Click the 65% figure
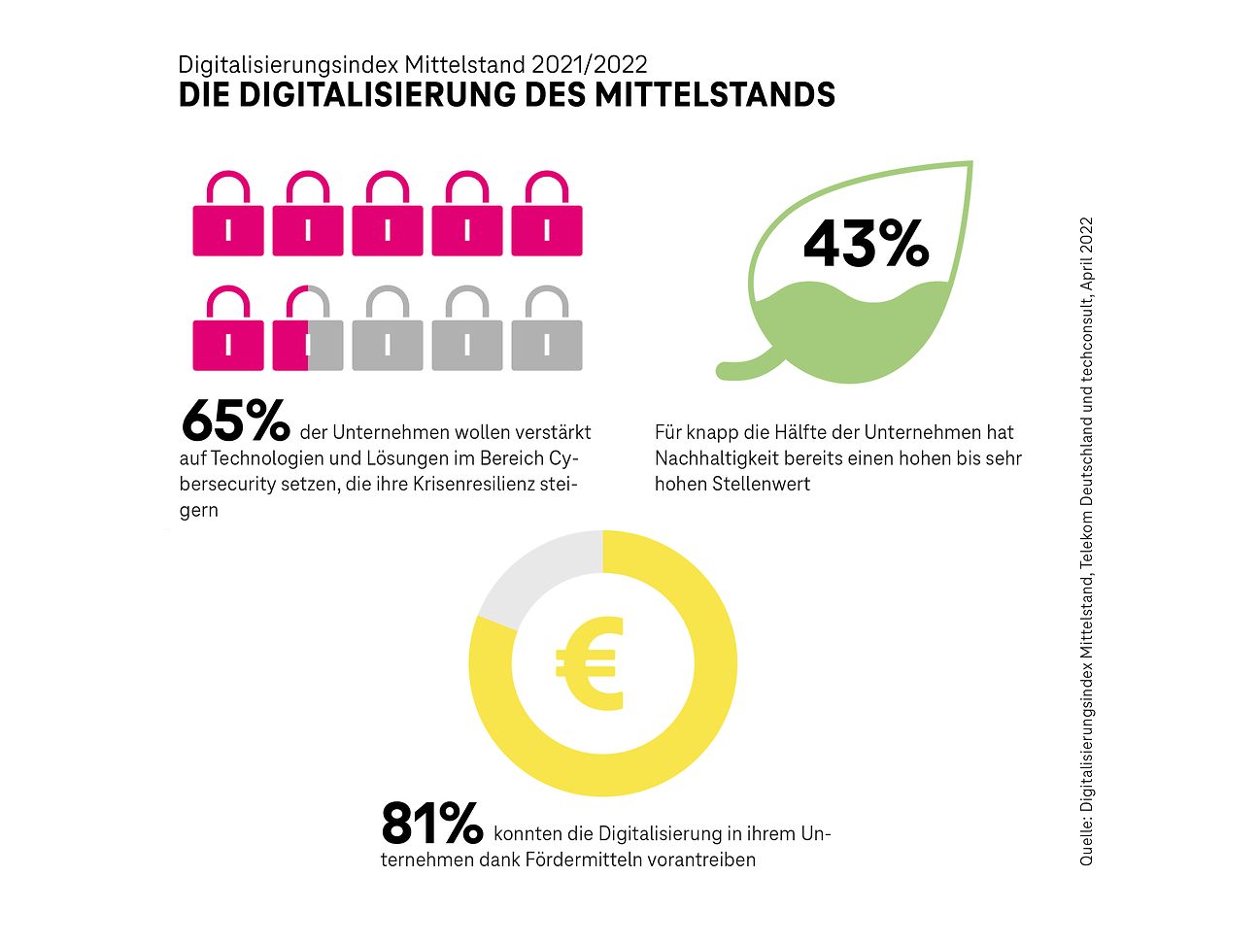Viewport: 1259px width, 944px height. click(235, 421)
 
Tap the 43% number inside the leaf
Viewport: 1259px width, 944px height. click(866, 244)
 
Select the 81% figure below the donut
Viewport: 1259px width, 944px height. click(431, 825)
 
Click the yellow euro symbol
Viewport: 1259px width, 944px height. click(589, 663)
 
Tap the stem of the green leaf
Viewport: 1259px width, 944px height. click(743, 370)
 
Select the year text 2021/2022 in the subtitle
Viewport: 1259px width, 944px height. click(591, 65)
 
